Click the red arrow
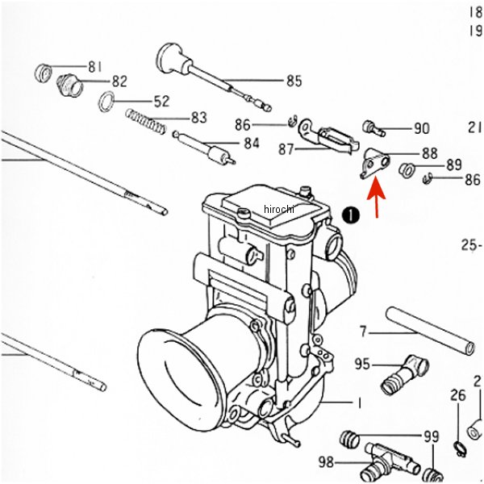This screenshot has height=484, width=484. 377,197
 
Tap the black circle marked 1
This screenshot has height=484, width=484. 351,215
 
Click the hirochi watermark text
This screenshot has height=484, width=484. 279,209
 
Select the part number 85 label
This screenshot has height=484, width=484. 294,81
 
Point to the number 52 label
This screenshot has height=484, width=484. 162,102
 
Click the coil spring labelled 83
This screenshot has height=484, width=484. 146,122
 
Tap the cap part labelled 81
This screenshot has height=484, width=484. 44,73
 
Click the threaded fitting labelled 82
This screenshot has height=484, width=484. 69,86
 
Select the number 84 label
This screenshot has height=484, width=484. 252,144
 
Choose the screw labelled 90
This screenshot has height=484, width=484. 373,128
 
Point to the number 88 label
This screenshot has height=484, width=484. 430,153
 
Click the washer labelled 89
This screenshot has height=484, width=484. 407,169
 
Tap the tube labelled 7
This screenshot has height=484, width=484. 430,331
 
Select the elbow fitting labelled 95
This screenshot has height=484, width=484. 405,374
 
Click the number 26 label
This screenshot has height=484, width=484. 458,396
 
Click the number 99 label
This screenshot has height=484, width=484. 432,436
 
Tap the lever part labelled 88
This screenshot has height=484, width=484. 375,162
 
